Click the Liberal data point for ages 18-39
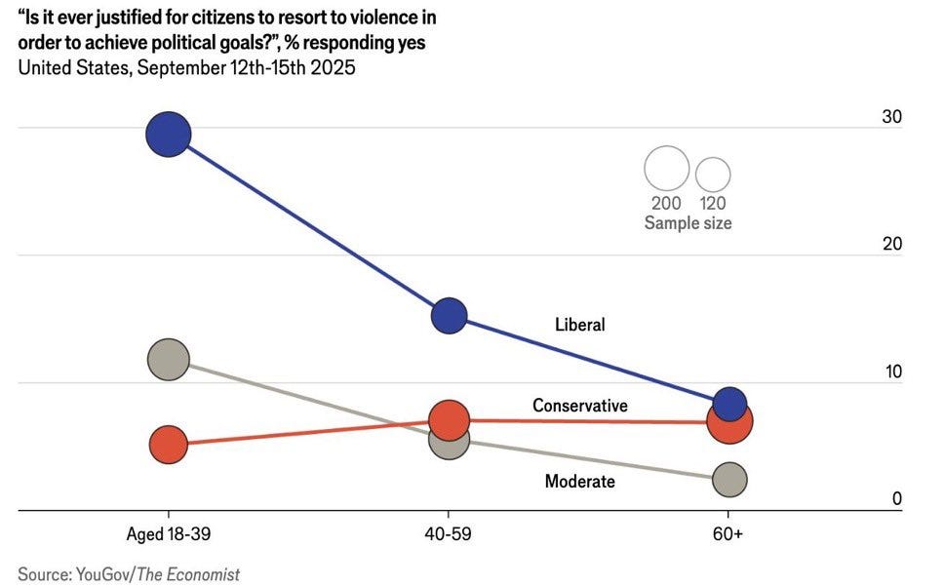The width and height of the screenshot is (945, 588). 169,135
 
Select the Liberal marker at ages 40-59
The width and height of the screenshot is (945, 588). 449,316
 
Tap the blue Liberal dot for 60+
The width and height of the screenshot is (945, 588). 729,405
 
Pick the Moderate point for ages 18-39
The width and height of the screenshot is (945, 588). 169,360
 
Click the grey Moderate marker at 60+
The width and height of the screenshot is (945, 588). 729,480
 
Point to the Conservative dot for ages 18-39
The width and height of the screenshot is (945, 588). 169,445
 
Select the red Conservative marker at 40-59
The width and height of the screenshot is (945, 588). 449,420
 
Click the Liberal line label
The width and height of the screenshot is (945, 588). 580,325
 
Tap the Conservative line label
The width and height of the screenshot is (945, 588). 580,406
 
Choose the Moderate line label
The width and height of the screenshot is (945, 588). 580,482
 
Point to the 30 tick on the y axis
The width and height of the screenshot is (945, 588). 892,116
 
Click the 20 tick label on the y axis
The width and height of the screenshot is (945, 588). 892,244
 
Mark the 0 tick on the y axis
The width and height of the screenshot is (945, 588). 897,499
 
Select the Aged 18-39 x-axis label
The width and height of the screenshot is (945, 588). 169,534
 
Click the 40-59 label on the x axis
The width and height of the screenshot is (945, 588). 449,533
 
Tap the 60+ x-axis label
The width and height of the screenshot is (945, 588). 728,533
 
